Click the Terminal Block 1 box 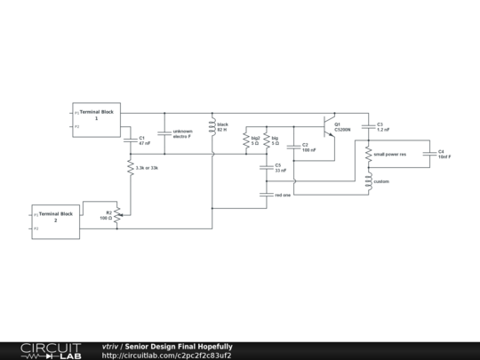[97, 119]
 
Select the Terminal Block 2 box [55, 221]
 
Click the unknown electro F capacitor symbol [164, 133]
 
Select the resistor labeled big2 [246, 140]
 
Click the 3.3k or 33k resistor [130, 167]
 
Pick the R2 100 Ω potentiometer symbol [117, 214]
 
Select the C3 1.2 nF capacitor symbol [368, 126]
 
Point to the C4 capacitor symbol [428, 154]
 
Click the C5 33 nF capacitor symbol [267, 167]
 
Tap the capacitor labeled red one [267, 194]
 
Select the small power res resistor [368, 155]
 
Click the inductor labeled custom [368, 181]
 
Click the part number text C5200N [342, 130]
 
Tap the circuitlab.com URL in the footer [167, 356]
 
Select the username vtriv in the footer [110, 347]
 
